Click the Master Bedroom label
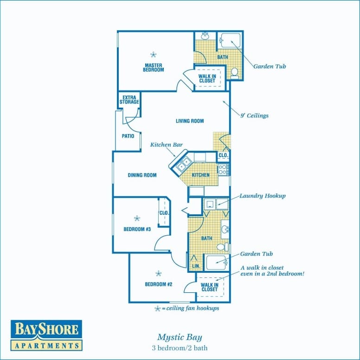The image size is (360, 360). pyautogui.click(x=154, y=68)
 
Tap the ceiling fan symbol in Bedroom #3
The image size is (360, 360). pyautogui.click(x=137, y=218)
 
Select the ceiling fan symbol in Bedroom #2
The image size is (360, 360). pyautogui.click(x=158, y=273)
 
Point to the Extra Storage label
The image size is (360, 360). pyautogui.click(x=129, y=100)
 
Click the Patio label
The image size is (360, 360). pyautogui.click(x=128, y=136)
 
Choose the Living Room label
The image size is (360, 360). pyautogui.click(x=190, y=121)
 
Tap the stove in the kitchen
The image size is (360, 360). pyautogui.click(x=223, y=169)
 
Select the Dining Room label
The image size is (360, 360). pyautogui.click(x=142, y=175)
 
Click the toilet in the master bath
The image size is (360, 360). pyautogui.click(x=235, y=72)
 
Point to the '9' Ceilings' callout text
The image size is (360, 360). pyautogui.click(x=254, y=116)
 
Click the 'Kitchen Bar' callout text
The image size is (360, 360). pyautogui.click(x=166, y=145)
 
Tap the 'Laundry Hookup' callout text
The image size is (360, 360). pyautogui.click(x=263, y=196)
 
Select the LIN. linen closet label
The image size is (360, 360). pyautogui.click(x=195, y=266)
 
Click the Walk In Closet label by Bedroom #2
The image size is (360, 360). pyautogui.click(x=209, y=287)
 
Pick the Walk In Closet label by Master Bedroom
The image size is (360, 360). pyautogui.click(x=207, y=78)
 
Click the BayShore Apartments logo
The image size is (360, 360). pyautogui.click(x=46, y=334)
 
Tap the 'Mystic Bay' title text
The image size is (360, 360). pyautogui.click(x=179, y=337)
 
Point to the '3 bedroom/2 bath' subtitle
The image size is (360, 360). pyautogui.click(x=179, y=347)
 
